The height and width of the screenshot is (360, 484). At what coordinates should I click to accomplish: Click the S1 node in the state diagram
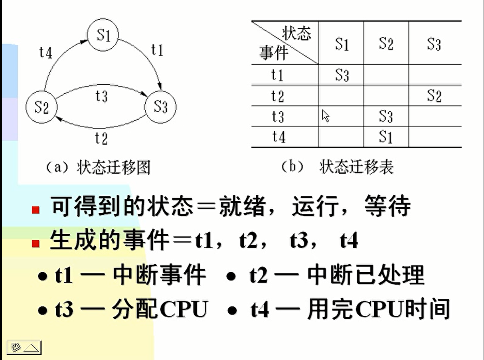pyautogui.click(x=103, y=36)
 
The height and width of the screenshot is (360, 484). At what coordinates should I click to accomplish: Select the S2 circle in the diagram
pyautogui.click(x=41, y=107)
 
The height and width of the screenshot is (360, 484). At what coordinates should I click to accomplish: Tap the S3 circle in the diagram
pyautogui.click(x=160, y=107)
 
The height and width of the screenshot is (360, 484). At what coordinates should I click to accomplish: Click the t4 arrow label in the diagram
pyautogui.click(x=46, y=52)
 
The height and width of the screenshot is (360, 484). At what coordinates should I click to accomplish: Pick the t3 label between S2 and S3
pyautogui.click(x=101, y=96)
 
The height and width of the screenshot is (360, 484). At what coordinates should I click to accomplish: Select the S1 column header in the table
pyautogui.click(x=342, y=44)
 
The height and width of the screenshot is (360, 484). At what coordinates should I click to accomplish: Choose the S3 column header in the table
pyautogui.click(x=434, y=44)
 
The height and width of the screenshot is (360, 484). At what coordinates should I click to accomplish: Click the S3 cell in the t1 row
pyautogui.click(x=342, y=75)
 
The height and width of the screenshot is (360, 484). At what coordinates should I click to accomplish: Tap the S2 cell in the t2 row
pyautogui.click(x=434, y=96)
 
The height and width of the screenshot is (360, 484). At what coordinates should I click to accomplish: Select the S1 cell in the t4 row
pyautogui.click(x=386, y=137)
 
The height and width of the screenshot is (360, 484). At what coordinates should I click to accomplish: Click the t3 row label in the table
pyautogui.click(x=278, y=117)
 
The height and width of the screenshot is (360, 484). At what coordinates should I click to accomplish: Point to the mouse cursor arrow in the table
pyautogui.click(x=326, y=116)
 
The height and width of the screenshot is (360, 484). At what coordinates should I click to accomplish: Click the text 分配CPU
pyautogui.click(x=160, y=309)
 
